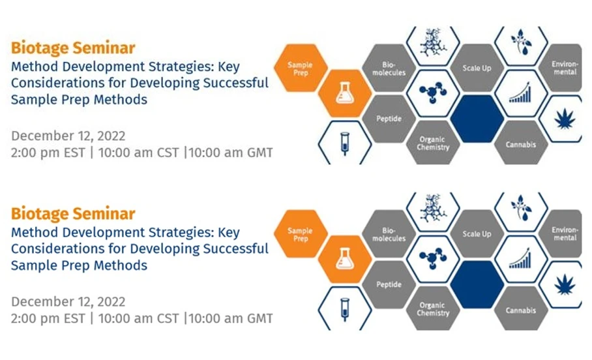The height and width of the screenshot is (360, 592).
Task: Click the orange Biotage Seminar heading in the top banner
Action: coord(73,48)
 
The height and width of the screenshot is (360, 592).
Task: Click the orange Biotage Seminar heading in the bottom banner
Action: coord(73,214)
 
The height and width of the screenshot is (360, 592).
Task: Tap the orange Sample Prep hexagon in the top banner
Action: coord(300,68)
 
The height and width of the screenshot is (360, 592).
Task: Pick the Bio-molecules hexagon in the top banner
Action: coord(389,70)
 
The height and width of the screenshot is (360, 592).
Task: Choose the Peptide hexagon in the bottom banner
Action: coord(389,285)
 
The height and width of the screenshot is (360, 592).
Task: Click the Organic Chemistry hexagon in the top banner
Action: coord(434,143)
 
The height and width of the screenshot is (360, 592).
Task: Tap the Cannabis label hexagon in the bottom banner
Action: coord(520,310)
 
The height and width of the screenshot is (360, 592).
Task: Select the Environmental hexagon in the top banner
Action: coord(565,68)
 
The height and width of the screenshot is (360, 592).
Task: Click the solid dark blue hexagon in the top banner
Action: coord(477,118)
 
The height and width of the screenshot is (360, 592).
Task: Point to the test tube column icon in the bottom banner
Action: coord(344,308)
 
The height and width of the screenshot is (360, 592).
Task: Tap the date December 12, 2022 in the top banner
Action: coord(68,136)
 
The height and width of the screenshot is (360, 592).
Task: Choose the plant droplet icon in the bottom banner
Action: coord(520,207)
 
